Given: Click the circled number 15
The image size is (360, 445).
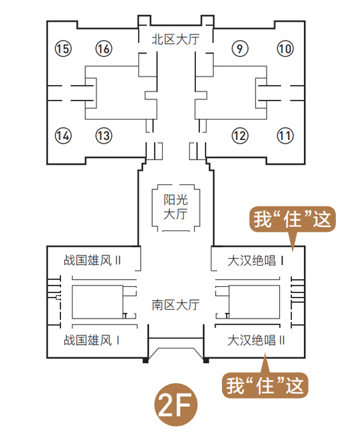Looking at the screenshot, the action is [63, 48].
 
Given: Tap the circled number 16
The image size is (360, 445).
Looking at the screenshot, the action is [104, 48].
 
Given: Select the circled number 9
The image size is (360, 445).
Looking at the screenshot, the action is [240, 48].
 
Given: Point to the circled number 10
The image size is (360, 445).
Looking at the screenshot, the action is [285, 48].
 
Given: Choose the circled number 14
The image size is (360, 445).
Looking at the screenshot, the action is [63, 135].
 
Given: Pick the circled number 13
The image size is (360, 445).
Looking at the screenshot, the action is [104, 135].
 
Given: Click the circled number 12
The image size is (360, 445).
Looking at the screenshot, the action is [240, 135].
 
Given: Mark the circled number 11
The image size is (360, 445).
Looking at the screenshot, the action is [285, 135].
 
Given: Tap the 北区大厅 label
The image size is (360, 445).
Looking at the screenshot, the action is [176, 39].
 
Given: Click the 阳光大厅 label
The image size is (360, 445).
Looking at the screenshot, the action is [176, 207].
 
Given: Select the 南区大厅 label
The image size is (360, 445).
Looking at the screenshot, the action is [176, 305].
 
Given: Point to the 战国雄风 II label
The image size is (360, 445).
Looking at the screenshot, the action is [92, 260].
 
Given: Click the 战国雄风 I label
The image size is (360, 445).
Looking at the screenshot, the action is [91, 340].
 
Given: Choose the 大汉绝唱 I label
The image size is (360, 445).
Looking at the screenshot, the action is [255, 261].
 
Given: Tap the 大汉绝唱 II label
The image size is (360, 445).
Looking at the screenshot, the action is [256, 340].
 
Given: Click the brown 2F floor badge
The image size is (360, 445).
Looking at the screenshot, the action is [176, 405].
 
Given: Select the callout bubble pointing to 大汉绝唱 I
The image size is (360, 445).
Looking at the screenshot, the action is [293, 219].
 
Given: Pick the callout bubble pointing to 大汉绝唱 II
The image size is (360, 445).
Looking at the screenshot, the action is [265, 385].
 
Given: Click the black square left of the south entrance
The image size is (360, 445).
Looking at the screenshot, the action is [146, 360].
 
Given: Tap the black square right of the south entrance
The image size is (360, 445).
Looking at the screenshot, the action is [206, 360].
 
